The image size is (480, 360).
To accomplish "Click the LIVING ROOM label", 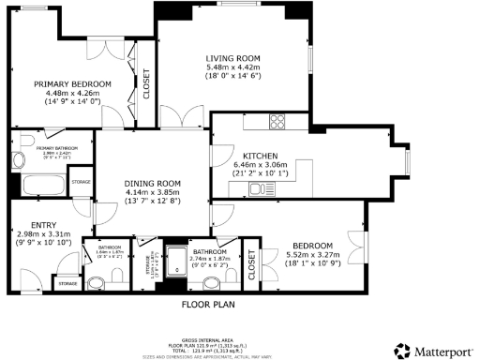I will [x=233, y=57].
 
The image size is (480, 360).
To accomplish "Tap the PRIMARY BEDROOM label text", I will [x=72, y=84].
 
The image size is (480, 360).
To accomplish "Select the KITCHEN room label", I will [x=259, y=156].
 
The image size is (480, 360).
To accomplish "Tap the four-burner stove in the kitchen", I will [x=277, y=121].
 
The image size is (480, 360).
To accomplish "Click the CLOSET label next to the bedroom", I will [x=250, y=265].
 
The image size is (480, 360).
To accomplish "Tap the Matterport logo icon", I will [x=401, y=351].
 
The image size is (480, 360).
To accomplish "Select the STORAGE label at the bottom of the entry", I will [x=67, y=282].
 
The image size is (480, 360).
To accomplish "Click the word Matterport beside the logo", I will [x=442, y=351].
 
